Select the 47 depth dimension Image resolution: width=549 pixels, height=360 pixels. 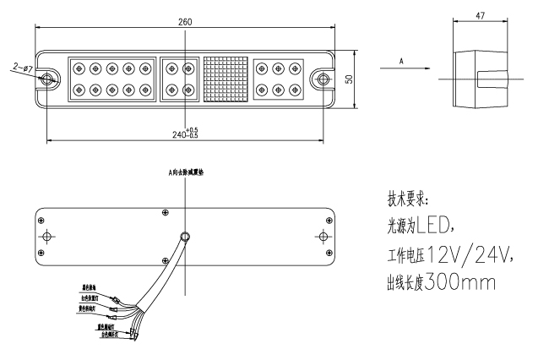[481, 15]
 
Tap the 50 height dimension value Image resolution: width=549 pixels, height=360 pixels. [349, 78]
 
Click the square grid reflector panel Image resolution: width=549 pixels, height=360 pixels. [225, 79]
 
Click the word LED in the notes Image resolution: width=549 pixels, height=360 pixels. [436, 226]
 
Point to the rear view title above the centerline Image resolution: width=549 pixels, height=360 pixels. [186, 172]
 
